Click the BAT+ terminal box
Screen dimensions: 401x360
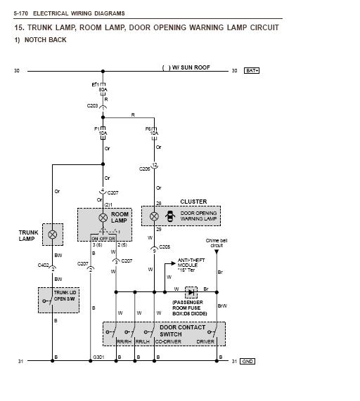252,71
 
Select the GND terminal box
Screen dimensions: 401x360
247,361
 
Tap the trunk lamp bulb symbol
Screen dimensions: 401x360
53,235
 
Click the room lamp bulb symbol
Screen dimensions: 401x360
103,218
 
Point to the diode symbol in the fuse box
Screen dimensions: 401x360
190,291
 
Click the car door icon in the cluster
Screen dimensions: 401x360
169,218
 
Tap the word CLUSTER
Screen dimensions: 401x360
193,202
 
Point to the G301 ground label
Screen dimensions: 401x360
98,357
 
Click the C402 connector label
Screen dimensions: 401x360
43,265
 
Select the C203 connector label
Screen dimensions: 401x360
93,106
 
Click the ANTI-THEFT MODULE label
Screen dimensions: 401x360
191,265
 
